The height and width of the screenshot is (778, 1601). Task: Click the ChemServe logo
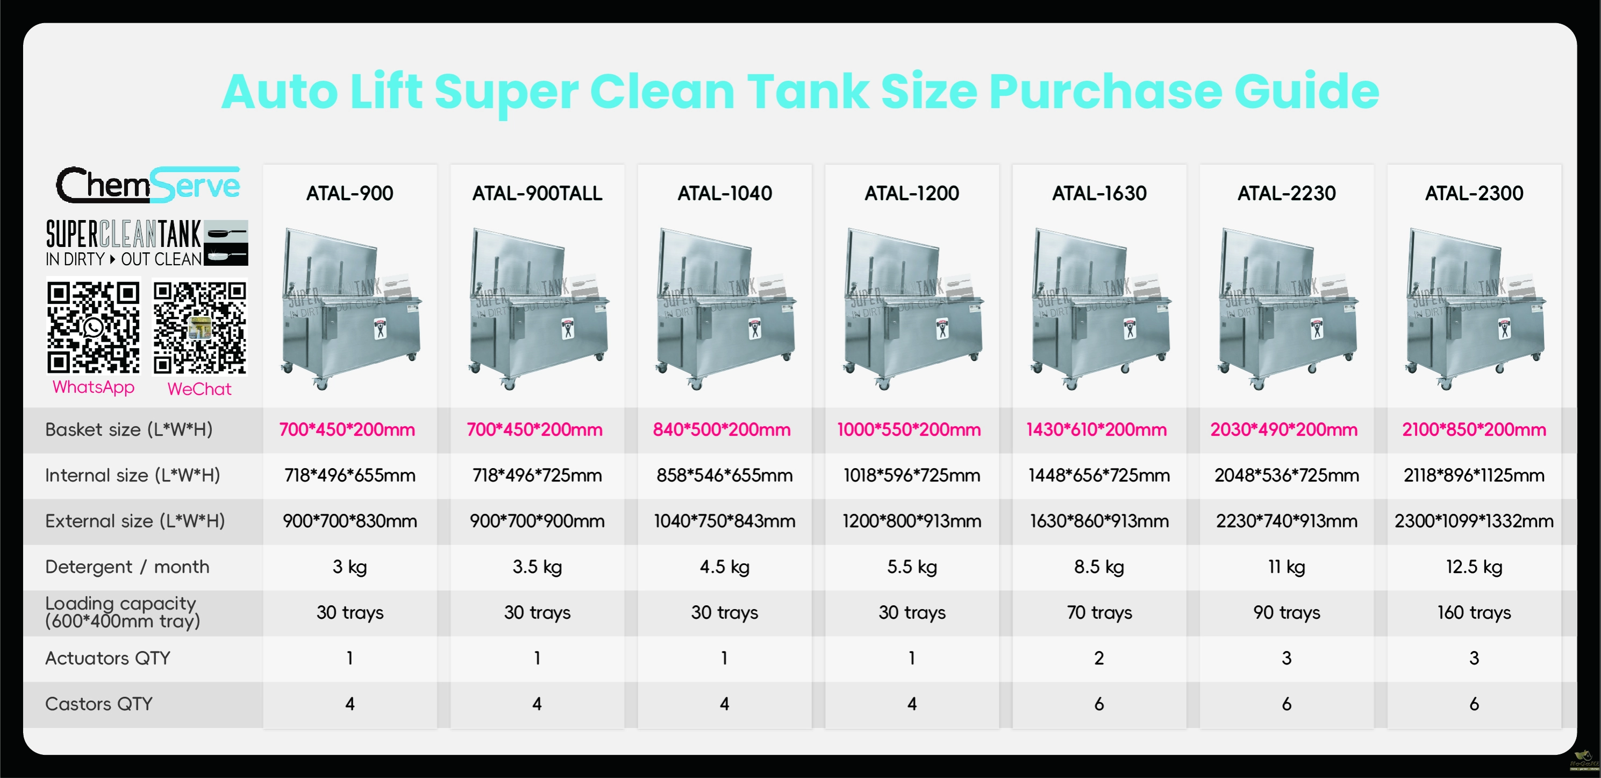click(148, 184)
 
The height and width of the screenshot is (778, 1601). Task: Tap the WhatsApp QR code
click(93, 327)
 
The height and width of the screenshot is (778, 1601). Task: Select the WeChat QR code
click(199, 328)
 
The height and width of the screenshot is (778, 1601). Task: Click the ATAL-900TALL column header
click(537, 193)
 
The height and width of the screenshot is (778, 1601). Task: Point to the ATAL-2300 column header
click(1474, 193)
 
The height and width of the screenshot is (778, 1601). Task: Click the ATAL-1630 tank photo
click(1099, 308)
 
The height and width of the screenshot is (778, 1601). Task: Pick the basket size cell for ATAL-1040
click(721, 430)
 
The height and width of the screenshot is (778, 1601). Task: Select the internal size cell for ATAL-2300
click(1474, 476)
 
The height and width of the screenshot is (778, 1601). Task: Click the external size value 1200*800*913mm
click(912, 521)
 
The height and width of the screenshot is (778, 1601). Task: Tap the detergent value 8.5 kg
click(1099, 567)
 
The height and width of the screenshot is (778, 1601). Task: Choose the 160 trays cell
click(1474, 613)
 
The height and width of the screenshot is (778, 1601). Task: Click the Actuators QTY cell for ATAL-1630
click(1099, 659)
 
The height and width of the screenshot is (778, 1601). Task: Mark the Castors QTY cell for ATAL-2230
click(1286, 704)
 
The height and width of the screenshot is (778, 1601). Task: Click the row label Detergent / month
click(127, 567)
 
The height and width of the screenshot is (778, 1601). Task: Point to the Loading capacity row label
click(123, 613)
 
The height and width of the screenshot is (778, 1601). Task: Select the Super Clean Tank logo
click(147, 243)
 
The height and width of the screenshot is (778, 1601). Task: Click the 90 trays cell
click(1286, 613)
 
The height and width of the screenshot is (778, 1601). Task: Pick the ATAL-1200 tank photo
click(912, 308)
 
